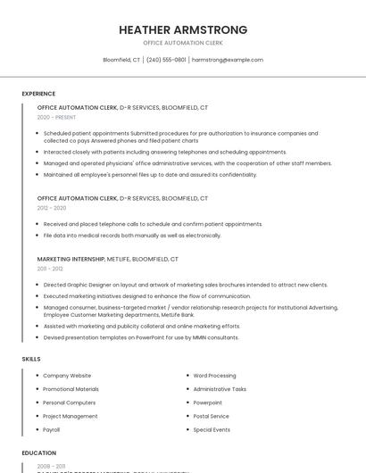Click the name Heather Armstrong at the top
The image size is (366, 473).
tap(183, 30)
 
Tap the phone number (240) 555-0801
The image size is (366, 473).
tap(166, 60)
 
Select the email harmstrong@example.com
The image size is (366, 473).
tap(228, 60)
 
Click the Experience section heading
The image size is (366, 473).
tap(38, 94)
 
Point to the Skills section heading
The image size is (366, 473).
tap(31, 359)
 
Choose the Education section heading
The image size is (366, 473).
tap(39, 452)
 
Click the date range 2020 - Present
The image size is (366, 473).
tap(56, 117)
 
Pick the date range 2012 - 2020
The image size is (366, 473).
tap(52, 208)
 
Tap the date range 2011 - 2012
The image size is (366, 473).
tap(50, 269)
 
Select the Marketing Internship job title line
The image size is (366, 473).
tap(107, 259)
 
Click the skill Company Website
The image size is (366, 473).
tap(67, 376)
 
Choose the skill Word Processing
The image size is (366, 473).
tap(214, 376)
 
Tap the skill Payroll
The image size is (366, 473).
tap(52, 429)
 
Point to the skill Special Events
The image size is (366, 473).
tap(212, 429)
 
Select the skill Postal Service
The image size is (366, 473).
tap(212, 416)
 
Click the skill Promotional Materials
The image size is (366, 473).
tap(71, 389)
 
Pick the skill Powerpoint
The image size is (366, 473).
tap(208, 402)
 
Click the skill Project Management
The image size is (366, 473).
tap(71, 416)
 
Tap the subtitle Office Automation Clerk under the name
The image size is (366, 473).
tap(183, 43)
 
